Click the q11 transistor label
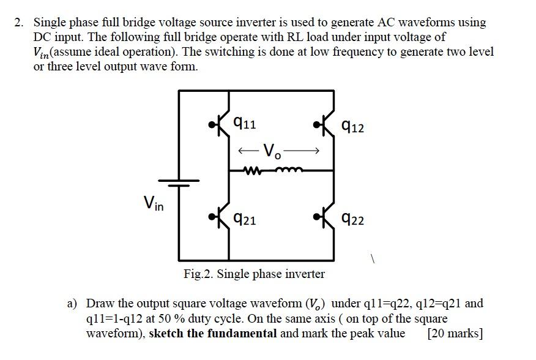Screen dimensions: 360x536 (x=245, y=124)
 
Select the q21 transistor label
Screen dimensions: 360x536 (x=245, y=219)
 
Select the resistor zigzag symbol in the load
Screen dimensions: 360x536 (x=252, y=171)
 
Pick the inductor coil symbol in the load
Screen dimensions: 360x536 (x=285, y=171)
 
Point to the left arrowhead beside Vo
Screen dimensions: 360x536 (x=244, y=150)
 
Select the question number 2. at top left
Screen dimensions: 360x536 (x=20, y=23)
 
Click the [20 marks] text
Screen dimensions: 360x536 (x=456, y=334)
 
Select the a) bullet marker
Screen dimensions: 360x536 (x=73, y=303)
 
